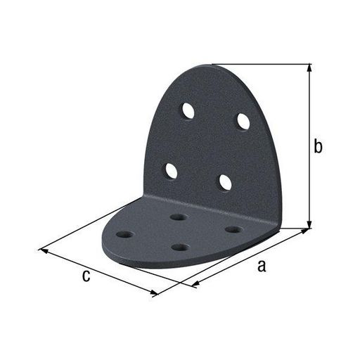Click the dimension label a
click(x=262, y=266)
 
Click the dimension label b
click(x=318, y=146)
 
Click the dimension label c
click(x=86, y=276)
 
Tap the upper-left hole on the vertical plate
click(x=188, y=110)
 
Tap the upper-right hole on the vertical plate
click(x=243, y=122)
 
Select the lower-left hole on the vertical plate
click(x=171, y=171)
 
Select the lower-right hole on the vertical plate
click(x=226, y=183)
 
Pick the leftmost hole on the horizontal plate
click(x=126, y=234)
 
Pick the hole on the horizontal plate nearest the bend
click(x=179, y=217)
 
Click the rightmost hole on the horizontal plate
click(x=233, y=229)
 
